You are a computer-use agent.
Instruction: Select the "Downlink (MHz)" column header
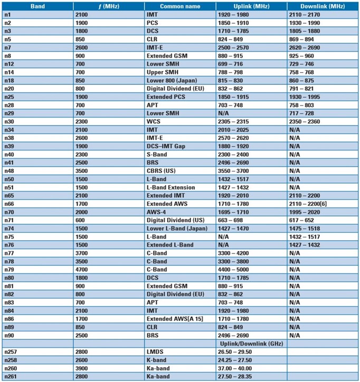(x=322, y=6)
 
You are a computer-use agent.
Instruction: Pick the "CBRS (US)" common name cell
(x=162, y=171)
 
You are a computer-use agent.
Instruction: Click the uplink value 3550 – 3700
(x=235, y=171)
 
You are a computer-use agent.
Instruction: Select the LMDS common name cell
(x=155, y=352)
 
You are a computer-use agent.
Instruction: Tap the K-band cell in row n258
(x=157, y=360)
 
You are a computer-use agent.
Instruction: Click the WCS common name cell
(x=153, y=122)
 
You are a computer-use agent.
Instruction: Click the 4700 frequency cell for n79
(x=83, y=270)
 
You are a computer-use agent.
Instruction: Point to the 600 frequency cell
(x=81, y=220)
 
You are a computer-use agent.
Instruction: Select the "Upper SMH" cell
(x=163, y=72)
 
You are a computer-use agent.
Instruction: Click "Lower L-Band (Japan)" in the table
(x=176, y=228)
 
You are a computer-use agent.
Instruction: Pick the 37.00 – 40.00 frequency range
(x=235, y=368)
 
